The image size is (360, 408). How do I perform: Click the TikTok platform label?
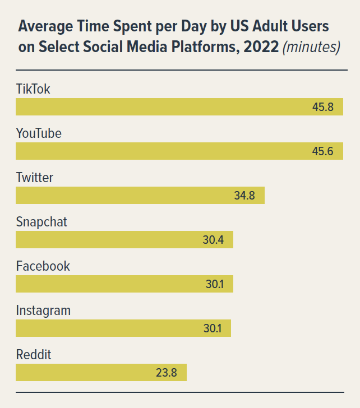tap(33, 89)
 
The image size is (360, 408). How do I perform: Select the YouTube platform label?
tap(39, 133)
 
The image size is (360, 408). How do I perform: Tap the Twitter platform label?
tap(35, 178)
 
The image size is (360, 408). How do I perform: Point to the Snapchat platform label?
tap(41, 222)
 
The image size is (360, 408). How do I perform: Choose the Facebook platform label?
tap(43, 266)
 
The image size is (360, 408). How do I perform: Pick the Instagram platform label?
tap(43, 310)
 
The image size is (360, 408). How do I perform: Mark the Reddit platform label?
tap(34, 355)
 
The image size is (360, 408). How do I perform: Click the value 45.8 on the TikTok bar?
tap(323, 107)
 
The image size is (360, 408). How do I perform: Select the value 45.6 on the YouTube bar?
tap(323, 151)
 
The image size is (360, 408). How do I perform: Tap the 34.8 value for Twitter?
tap(244, 196)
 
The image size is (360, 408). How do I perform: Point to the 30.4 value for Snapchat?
tap(213, 240)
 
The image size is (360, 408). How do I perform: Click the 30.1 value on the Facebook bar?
tap(214, 284)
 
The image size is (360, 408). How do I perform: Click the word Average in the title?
tap(45, 26)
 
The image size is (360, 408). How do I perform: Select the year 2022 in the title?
tap(260, 47)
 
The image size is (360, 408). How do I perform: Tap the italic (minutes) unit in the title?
tap(311, 47)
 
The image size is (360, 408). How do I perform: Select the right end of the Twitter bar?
tap(262, 196)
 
